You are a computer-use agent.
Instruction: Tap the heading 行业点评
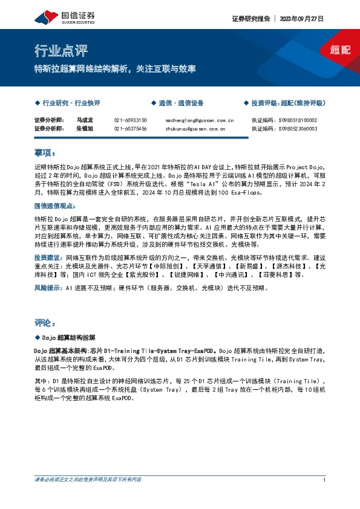55,50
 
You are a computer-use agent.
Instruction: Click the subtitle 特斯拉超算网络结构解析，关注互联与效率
115,69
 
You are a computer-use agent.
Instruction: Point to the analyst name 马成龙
85,120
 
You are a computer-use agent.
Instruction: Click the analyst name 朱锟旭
85,129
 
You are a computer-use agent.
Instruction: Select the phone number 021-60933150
130,120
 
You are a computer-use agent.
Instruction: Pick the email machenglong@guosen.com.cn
199,120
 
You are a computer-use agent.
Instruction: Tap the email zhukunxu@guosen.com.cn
195,129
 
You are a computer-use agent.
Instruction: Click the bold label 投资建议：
48,257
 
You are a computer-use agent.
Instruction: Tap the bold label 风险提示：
48,288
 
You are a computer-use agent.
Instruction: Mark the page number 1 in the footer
325,479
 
